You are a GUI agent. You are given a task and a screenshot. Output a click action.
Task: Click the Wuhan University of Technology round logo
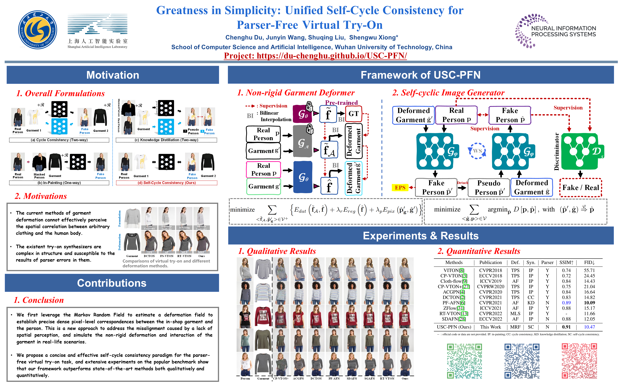pos(37,30)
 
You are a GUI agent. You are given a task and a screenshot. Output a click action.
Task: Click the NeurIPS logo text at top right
pos(563,31)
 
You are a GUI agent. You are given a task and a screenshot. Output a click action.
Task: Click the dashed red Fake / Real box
pos(580,187)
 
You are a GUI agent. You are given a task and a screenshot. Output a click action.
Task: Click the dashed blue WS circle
pos(477,151)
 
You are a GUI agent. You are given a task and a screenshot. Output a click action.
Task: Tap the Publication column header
pos(490,262)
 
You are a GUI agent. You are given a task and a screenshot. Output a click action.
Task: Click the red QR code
pos(579,361)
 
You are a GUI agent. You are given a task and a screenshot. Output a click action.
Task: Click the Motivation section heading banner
pos(113,75)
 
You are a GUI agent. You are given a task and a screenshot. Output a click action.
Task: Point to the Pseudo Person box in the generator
pos(489,187)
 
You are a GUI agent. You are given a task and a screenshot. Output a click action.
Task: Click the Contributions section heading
pos(112,283)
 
